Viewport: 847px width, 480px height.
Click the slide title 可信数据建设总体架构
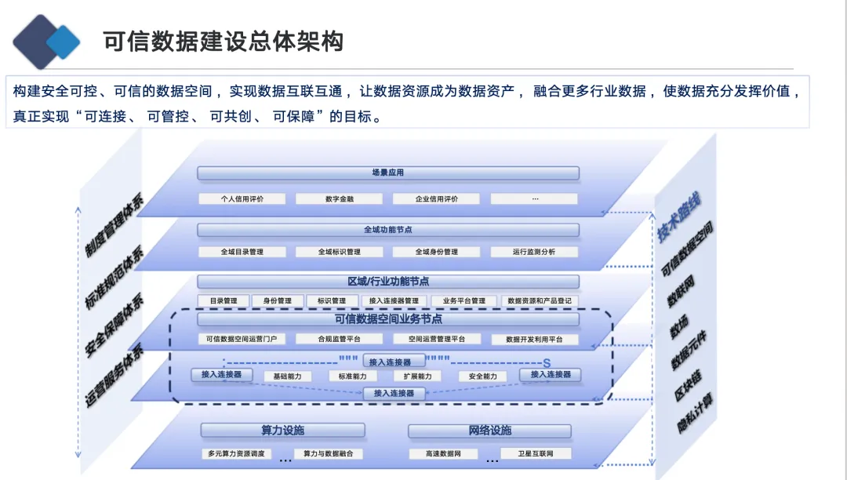point(224,41)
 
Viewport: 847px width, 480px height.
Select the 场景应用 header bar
point(387,173)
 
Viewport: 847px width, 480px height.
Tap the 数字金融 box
point(339,199)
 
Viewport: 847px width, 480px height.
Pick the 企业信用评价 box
point(436,199)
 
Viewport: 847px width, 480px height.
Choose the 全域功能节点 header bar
point(387,230)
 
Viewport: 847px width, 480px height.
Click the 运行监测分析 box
point(534,253)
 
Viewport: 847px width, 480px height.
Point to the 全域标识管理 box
point(339,253)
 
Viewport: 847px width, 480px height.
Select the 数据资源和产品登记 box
point(540,301)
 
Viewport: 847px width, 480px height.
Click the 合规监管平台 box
point(339,340)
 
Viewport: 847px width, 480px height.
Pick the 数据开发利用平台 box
point(534,340)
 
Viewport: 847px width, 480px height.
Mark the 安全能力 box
point(482,376)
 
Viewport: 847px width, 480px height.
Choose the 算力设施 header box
point(282,431)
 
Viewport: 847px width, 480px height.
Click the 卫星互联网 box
point(536,454)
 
